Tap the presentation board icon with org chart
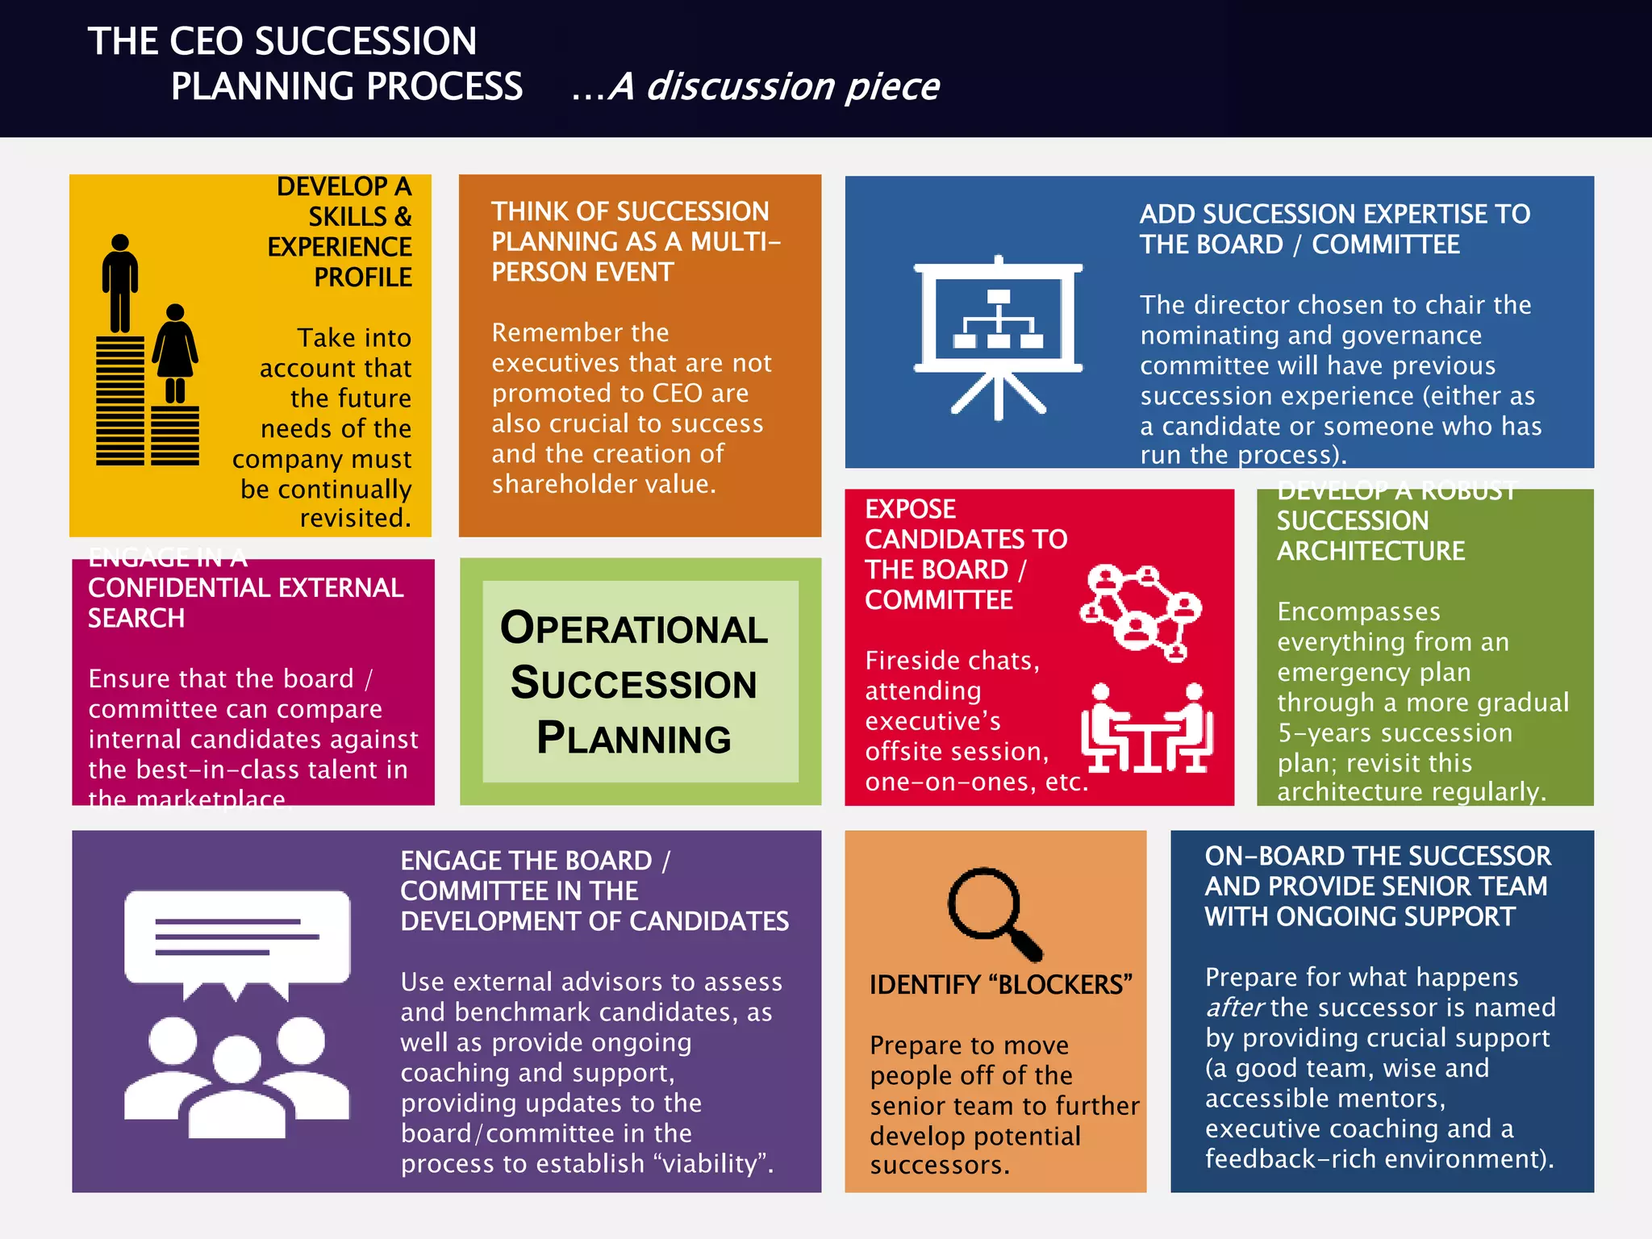(x=998, y=337)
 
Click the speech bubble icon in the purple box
(x=237, y=941)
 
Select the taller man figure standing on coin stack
(x=120, y=283)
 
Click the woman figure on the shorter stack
(x=175, y=353)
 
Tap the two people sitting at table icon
(x=1146, y=728)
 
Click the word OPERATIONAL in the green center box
(x=634, y=628)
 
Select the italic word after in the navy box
(x=1234, y=1007)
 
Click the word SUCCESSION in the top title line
(x=367, y=41)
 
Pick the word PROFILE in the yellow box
(x=362, y=277)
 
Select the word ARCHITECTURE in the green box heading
(x=1370, y=551)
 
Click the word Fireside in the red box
(x=916, y=661)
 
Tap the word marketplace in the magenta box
(x=211, y=799)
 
